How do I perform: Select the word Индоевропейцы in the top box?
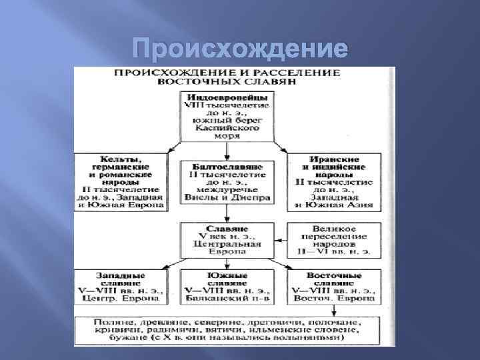pyautogui.click(x=226, y=97)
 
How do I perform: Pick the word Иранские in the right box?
pyautogui.click(x=325, y=160)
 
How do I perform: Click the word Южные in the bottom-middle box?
pyautogui.click(x=226, y=275)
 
